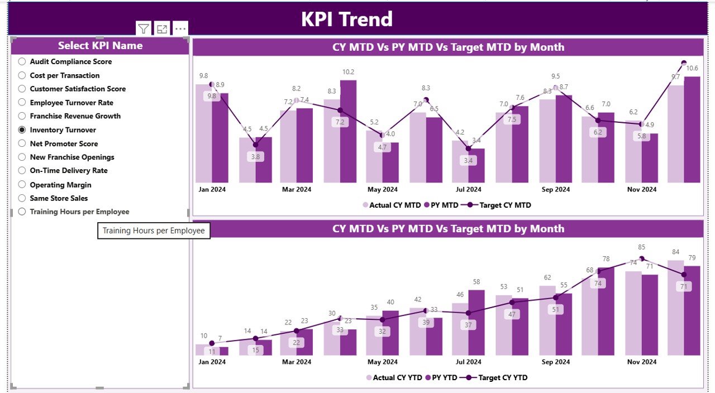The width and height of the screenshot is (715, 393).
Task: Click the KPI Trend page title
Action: [x=347, y=19]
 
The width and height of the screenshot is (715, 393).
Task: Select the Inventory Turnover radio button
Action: [x=22, y=130]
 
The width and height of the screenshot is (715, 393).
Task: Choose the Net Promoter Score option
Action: [x=22, y=143]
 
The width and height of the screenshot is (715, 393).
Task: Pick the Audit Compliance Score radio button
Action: [x=22, y=61]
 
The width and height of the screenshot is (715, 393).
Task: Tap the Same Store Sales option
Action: [x=22, y=198]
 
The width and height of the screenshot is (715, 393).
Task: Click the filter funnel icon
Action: [x=144, y=29]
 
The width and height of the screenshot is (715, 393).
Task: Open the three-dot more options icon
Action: [x=180, y=29]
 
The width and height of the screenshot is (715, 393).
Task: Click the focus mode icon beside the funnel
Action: [x=162, y=29]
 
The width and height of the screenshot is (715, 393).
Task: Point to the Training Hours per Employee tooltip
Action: [x=154, y=231]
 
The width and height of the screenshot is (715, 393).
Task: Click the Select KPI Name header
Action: [x=100, y=46]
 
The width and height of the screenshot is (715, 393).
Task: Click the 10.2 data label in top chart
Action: [x=348, y=72]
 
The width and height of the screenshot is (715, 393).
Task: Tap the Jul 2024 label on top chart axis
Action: [x=468, y=190]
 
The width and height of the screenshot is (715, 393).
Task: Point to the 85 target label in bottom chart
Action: [x=642, y=247]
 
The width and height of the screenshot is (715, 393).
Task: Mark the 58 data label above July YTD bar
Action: [x=476, y=282]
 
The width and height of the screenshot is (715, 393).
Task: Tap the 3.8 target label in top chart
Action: [x=256, y=157]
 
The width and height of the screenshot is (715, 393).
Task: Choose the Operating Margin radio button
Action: [x=22, y=185]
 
